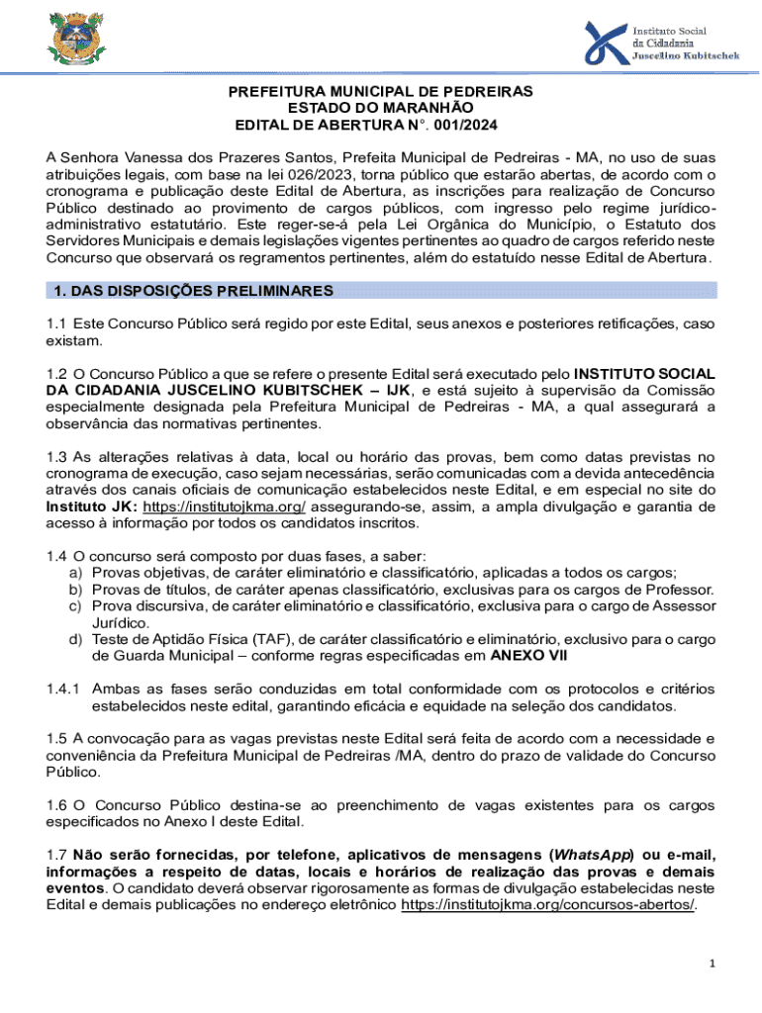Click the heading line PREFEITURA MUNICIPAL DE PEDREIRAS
(x=381, y=92)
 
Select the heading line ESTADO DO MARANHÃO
(x=381, y=109)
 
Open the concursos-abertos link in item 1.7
(x=548, y=905)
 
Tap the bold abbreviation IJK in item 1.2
(x=398, y=391)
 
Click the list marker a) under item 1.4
(x=74, y=574)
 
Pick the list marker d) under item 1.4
(x=74, y=639)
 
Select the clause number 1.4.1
(x=64, y=689)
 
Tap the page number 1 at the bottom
(x=712, y=964)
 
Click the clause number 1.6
(x=56, y=804)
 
